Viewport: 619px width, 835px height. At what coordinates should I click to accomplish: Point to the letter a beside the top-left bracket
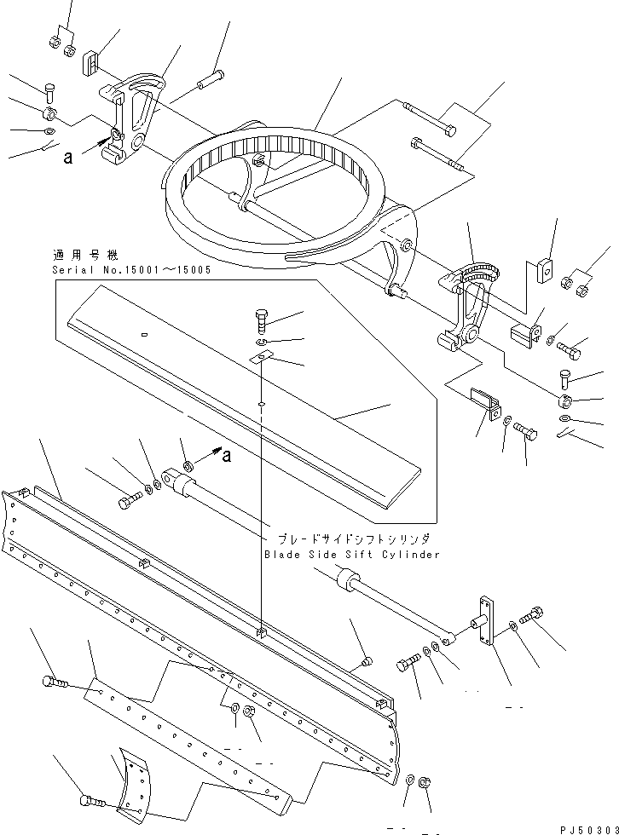tap(67, 156)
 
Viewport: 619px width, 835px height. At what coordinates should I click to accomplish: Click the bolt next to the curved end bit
tap(91, 801)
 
